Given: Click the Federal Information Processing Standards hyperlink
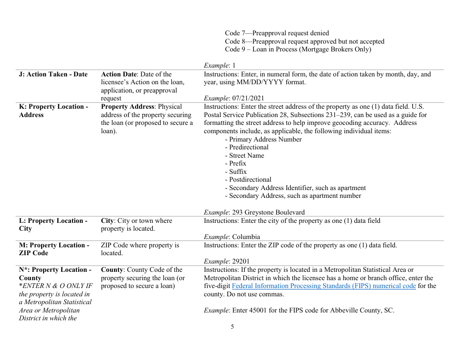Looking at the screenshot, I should pos(324,286).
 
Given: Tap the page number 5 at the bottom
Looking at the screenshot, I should pos(232,327).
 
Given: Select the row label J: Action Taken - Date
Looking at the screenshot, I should pos(53,74).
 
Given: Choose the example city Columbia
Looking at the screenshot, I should pos(246,237).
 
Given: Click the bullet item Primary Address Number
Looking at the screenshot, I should pos(263,140).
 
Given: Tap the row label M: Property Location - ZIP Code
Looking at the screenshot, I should pos(54,249).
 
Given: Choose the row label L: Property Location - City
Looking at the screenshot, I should pos(53,224).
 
